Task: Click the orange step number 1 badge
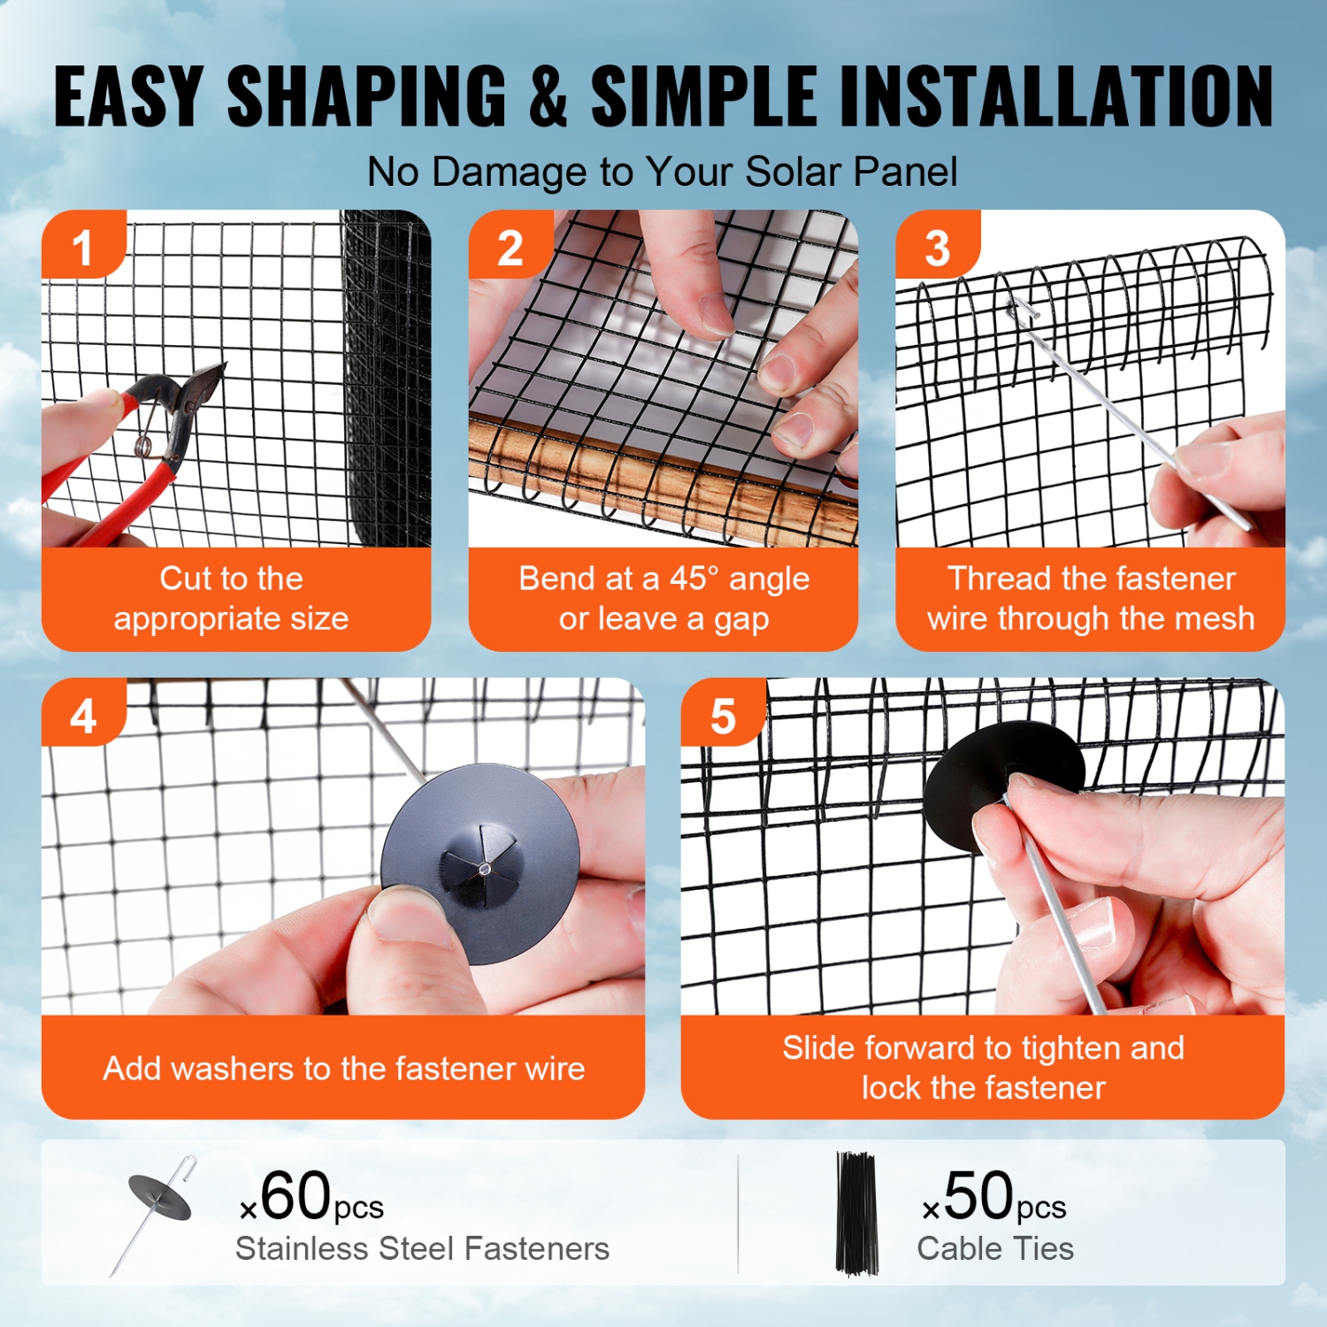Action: [x=82, y=246]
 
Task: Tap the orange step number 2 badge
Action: [x=510, y=247]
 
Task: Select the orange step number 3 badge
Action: [x=937, y=247]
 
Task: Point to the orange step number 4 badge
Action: [x=82, y=715]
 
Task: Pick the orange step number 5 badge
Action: [x=723, y=715]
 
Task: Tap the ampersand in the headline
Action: [x=548, y=96]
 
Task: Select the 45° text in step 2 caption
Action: [x=694, y=579]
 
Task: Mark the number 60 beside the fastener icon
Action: [x=295, y=1196]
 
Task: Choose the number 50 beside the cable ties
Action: [x=978, y=1196]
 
